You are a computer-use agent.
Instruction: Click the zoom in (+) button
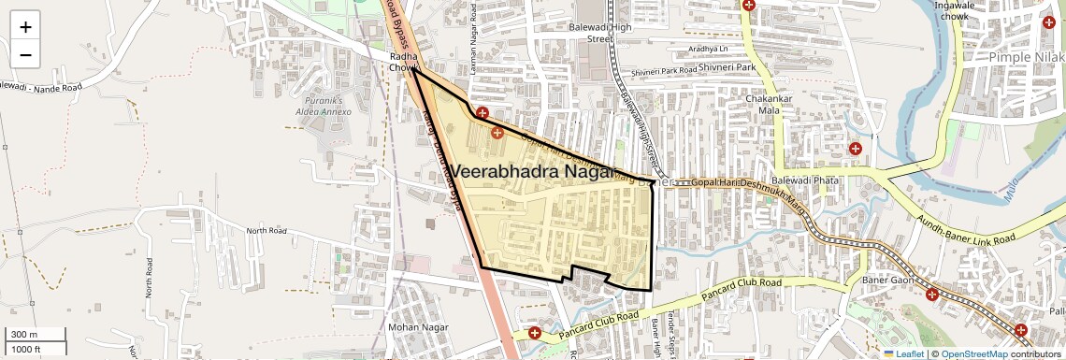click(x=25, y=27)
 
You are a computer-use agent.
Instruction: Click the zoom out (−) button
click(x=25, y=55)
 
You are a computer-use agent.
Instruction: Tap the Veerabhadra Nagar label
click(x=534, y=172)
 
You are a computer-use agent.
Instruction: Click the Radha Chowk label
click(x=405, y=63)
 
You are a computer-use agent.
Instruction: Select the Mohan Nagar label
click(x=412, y=328)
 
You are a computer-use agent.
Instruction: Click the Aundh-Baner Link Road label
click(x=965, y=229)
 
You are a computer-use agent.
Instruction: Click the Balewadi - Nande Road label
click(x=41, y=86)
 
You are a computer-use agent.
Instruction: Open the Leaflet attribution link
click(x=903, y=353)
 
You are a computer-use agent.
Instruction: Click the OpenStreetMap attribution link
click(x=974, y=353)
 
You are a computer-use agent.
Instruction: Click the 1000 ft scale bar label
click(x=26, y=349)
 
